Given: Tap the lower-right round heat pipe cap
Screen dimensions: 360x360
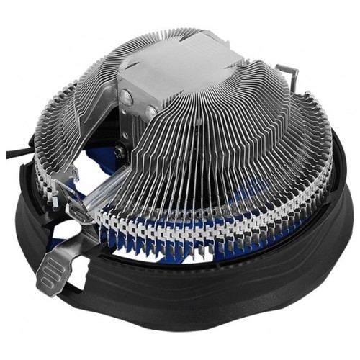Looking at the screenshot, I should pyautogui.click(x=150, y=112).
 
